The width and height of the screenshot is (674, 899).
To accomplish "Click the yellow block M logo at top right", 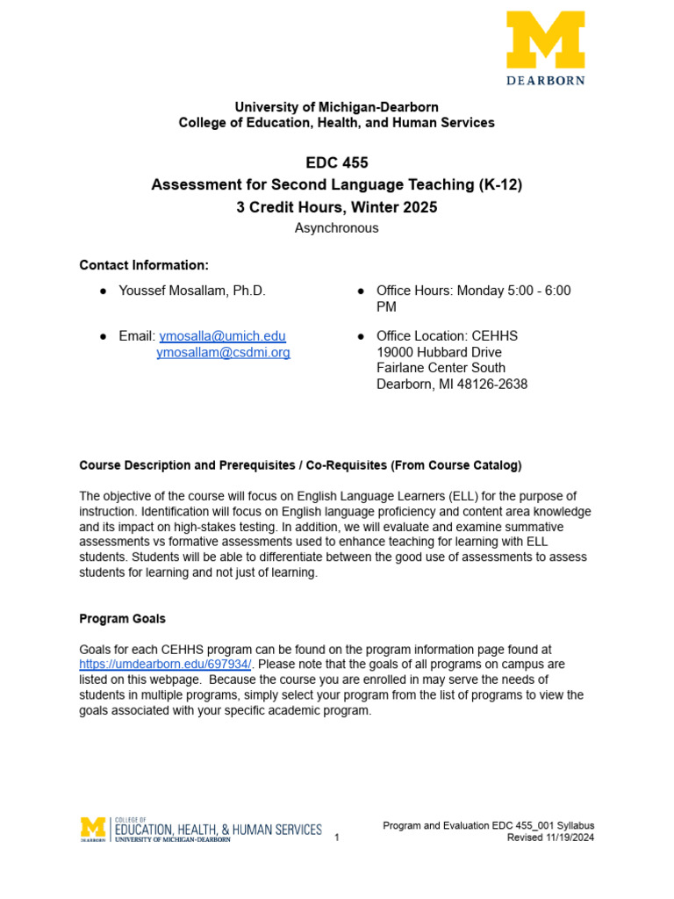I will (545, 39).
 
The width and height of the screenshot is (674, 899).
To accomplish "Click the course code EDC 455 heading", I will (336, 162).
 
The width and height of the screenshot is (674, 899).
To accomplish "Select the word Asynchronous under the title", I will (336, 228).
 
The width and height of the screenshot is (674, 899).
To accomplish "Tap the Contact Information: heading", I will (144, 265).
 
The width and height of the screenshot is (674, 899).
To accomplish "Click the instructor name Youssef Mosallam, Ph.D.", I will (191, 291).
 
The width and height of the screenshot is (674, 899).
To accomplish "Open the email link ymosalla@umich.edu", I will (222, 336).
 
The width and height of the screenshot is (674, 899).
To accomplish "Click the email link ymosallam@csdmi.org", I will (223, 352).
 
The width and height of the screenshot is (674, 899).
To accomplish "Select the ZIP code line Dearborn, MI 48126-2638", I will (452, 384).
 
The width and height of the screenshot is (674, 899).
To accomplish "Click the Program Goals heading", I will (122, 619).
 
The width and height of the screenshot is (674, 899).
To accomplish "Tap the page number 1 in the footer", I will (337, 838).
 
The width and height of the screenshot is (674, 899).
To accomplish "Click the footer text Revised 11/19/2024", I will (550, 838).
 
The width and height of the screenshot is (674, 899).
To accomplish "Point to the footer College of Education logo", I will (201, 830).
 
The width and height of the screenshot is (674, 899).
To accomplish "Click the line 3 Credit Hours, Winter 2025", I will (336, 207).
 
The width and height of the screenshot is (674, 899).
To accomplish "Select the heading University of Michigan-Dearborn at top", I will (336, 107).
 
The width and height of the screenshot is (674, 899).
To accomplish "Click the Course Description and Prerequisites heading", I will (300, 464).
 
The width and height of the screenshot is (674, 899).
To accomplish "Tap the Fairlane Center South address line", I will (441, 368).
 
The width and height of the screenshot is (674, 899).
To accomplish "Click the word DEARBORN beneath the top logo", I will (545, 79).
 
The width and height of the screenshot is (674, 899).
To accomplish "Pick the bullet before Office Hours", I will (362, 291).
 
